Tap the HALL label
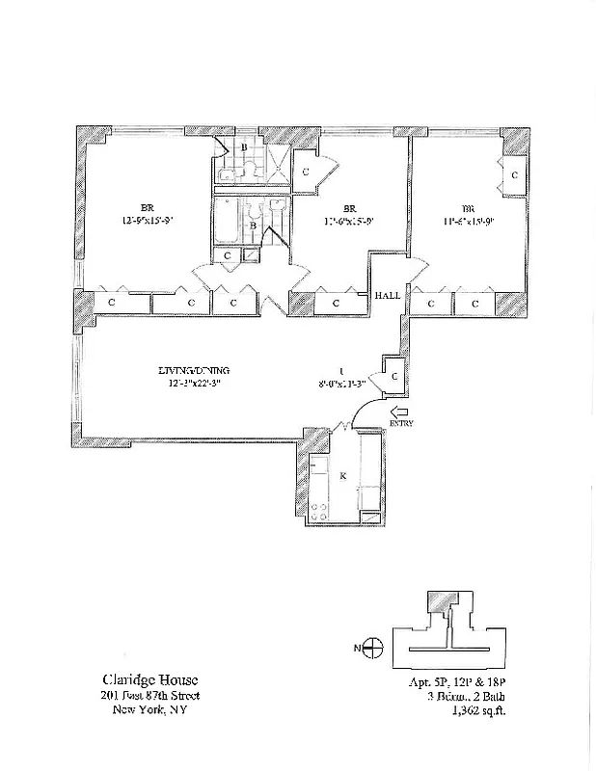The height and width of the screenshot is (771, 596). click(388, 297)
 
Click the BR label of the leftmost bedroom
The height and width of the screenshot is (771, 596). click(148, 207)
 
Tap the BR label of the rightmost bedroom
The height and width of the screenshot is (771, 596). click(468, 207)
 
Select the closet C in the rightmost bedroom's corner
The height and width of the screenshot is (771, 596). click(514, 174)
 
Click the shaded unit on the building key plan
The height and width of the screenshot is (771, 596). click(443, 600)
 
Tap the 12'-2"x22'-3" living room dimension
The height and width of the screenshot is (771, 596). click(195, 384)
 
